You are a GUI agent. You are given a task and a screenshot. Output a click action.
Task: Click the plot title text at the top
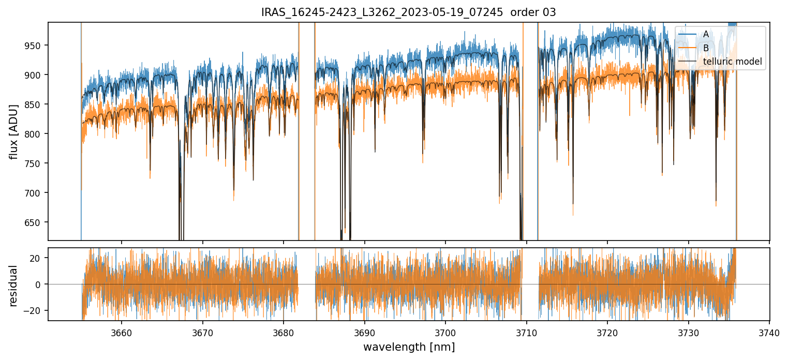[408, 12]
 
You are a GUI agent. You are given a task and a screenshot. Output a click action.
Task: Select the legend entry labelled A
[706, 34]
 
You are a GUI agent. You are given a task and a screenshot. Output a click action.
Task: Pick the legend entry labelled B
[706, 48]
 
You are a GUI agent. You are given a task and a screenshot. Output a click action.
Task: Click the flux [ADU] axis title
[14, 131]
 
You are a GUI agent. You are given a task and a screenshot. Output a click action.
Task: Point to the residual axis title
[14, 286]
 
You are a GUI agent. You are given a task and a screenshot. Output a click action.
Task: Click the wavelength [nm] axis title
[409, 347]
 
